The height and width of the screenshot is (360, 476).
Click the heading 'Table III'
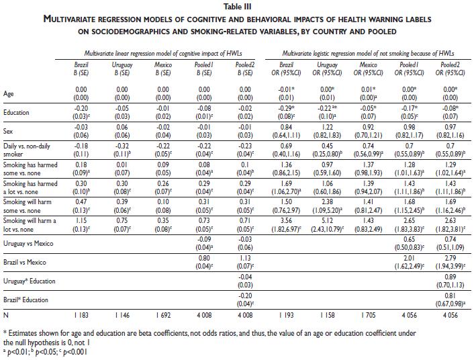click(237, 6)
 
